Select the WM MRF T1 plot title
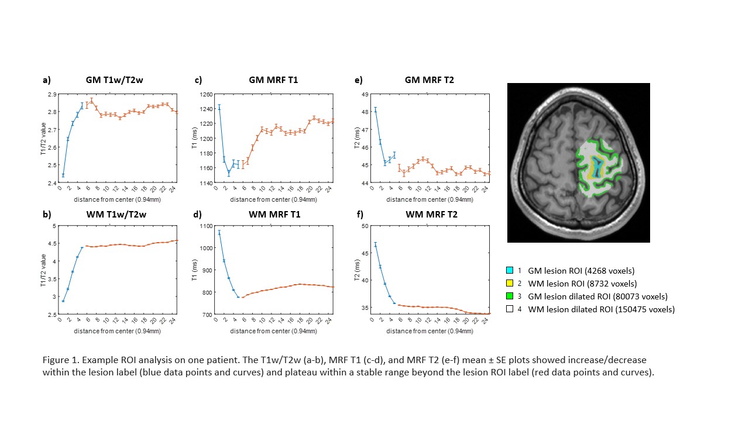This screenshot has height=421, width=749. pyautogui.click(x=274, y=215)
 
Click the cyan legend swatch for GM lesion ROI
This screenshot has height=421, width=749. pyautogui.click(x=510, y=271)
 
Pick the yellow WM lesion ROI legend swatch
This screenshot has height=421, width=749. pyautogui.click(x=510, y=284)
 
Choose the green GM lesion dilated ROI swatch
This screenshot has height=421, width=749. pyautogui.click(x=510, y=296)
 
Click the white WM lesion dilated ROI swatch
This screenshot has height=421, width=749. pyautogui.click(x=510, y=309)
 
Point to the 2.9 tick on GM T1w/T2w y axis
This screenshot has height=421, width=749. pyautogui.click(x=52, y=94)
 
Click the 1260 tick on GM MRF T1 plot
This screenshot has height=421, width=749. pyautogui.click(x=205, y=94)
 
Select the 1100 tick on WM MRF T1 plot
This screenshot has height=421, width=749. pyautogui.click(x=205, y=226)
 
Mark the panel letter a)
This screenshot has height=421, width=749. pyautogui.click(x=46, y=80)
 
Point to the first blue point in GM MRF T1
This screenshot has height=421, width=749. pyautogui.click(x=219, y=107)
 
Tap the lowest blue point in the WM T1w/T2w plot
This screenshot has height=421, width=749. pyautogui.click(x=63, y=301)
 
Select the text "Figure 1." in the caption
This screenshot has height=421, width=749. pyautogui.click(x=60, y=359)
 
